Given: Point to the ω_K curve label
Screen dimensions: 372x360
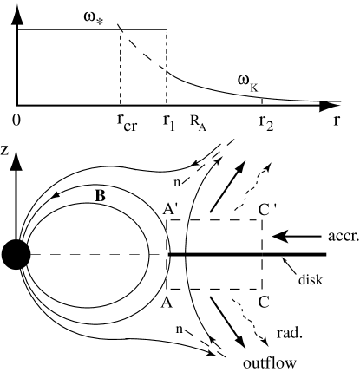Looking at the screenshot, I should point(247,81).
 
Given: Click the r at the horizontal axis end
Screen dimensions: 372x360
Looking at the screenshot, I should point(337,121).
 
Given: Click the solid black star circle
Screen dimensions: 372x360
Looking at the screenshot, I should point(15,254).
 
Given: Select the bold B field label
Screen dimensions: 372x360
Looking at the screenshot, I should point(100,195).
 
